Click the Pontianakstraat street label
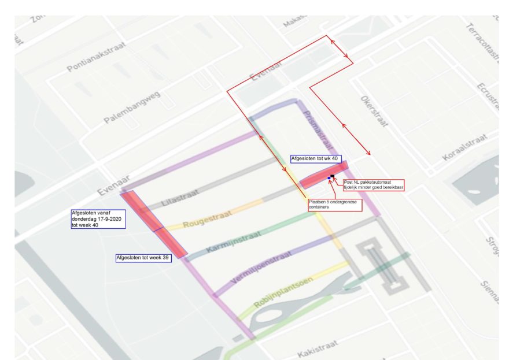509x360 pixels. click(x=102, y=58)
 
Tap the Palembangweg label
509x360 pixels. click(x=132, y=110)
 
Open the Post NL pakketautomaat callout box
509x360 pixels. click(x=373, y=184)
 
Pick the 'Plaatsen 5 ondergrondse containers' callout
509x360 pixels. click(x=335, y=205)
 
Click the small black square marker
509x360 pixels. click(x=333, y=175)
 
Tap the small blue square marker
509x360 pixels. click(x=329, y=177)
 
